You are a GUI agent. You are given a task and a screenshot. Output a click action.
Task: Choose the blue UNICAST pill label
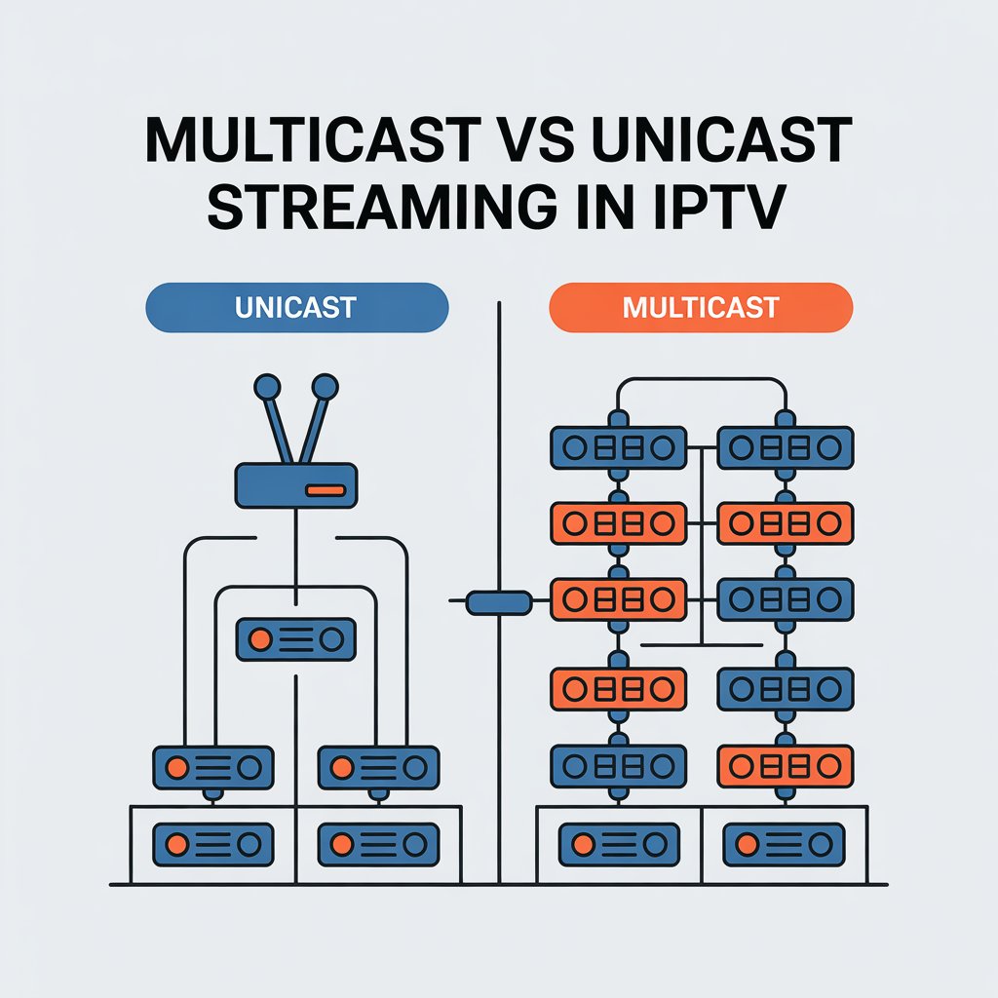(295, 308)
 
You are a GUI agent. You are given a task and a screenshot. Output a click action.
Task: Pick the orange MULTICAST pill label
(701, 308)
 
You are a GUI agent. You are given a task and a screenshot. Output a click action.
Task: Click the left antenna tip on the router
(265, 388)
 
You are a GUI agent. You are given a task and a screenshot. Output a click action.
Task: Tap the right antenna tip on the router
(324, 388)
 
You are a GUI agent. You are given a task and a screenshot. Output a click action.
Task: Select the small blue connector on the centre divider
(499, 603)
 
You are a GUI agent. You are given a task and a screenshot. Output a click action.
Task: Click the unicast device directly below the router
(295, 639)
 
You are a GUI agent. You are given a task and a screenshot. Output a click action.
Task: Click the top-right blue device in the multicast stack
(786, 447)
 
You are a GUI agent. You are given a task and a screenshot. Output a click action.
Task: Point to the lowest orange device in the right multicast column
(786, 765)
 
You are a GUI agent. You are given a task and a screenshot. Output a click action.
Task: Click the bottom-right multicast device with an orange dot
(784, 843)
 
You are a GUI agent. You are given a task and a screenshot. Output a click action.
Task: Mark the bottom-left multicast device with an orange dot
(619, 843)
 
